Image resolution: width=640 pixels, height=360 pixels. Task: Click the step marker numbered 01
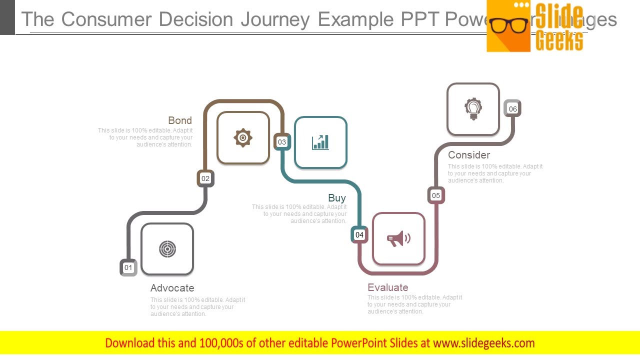point(128,267)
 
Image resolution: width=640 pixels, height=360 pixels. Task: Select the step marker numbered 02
point(205,178)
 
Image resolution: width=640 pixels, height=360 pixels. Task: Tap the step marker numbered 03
point(282,142)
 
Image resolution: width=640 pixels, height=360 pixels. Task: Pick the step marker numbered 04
point(359,234)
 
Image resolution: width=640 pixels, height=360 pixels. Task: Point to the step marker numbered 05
point(436,195)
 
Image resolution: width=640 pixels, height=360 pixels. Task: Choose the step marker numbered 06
point(512,109)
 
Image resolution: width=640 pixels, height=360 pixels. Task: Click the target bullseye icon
point(167,249)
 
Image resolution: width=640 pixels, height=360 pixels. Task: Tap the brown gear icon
point(243,137)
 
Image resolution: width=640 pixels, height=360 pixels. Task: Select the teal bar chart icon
point(320,142)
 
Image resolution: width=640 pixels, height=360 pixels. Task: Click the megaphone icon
point(398,238)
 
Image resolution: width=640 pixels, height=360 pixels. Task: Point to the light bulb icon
point(473,109)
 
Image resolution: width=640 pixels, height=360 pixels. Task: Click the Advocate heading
point(172,288)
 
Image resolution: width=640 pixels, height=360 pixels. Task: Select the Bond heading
point(180,120)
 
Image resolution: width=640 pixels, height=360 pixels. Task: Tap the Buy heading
point(337,198)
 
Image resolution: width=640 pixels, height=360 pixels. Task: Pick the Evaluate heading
point(387,287)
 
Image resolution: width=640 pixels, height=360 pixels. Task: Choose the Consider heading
point(469,155)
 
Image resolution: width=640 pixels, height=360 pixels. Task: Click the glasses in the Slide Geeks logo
point(508,25)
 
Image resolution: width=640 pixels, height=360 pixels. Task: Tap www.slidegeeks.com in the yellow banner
point(483,343)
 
